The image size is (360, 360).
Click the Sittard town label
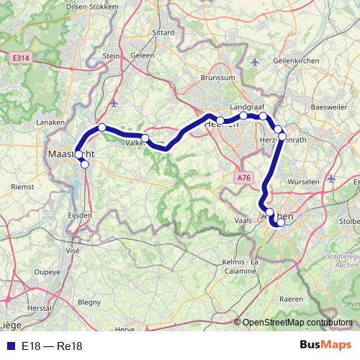164,33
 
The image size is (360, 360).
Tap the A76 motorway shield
245,176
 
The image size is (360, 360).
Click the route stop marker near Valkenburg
145,138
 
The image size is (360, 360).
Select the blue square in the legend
9,346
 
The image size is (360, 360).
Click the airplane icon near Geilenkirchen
253,62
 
